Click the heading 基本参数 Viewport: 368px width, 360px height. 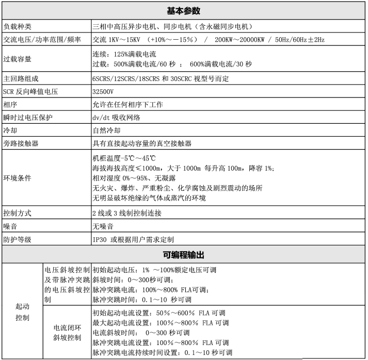pyautogui.click(x=183, y=11)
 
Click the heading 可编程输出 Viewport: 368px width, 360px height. pyautogui.click(x=183, y=255)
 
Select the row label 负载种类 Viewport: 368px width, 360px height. pyautogui.click(x=18, y=26)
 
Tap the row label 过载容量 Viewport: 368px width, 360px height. pyautogui.click(x=18, y=59)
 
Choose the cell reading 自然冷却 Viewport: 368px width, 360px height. pyautogui.click(x=107, y=130)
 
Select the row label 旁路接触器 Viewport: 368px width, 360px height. pyautogui.click(x=21, y=143)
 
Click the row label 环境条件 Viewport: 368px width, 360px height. pyautogui.click(x=18, y=177)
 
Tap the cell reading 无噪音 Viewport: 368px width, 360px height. pyautogui.click(x=103, y=226)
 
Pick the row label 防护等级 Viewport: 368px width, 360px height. pyautogui.click(x=18, y=239)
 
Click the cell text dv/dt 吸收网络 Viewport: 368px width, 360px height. pyautogui.click(x=116, y=118)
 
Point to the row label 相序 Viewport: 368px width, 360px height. pyautogui.click(x=10, y=105)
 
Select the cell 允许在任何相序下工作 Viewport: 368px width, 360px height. pyautogui.click(x=127, y=105)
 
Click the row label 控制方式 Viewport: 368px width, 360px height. pyautogui.click(x=18, y=213)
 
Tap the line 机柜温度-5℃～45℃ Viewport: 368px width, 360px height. pyautogui.click(x=124, y=158)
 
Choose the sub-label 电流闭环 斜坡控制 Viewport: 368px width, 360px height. pyautogui.click(x=67, y=333)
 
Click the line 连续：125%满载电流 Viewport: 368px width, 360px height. pyautogui.click(x=124, y=54)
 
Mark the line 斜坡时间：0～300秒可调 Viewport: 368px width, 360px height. pyautogui.click(x=131, y=280)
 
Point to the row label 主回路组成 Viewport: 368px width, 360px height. pyautogui.click(x=21, y=78)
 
